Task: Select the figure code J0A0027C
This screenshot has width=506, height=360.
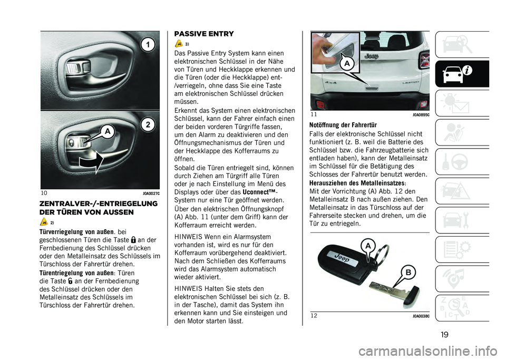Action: coord(150,193)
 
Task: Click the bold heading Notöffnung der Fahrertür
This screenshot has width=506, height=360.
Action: coord(343,125)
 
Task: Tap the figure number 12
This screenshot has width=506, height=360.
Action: coord(314,316)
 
